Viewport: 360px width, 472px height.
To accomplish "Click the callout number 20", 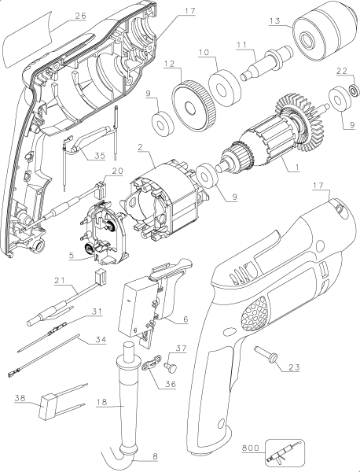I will coord(115,171).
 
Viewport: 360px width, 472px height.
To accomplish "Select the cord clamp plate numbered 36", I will coord(155,365).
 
